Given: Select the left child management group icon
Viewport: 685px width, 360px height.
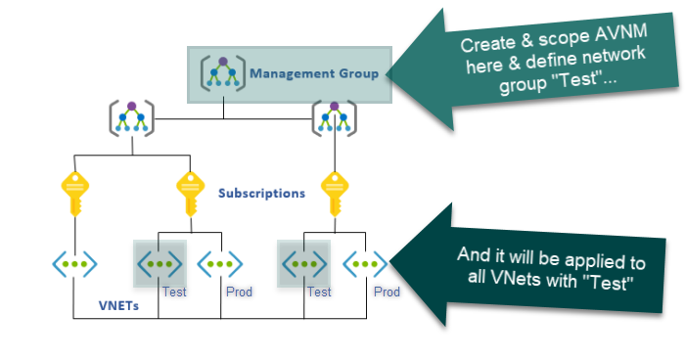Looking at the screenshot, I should (x=130, y=119).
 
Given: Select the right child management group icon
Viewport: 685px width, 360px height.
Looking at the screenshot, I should (x=334, y=119).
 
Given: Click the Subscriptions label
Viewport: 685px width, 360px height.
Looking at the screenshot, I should (x=261, y=193).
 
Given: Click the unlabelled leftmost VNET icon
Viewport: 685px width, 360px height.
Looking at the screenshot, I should (x=74, y=263).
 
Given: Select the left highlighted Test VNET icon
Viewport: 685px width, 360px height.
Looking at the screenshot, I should (x=159, y=263).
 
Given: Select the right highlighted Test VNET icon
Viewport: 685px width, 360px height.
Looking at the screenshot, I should (x=304, y=263).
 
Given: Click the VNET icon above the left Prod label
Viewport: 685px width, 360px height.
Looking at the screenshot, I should (x=220, y=263).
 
